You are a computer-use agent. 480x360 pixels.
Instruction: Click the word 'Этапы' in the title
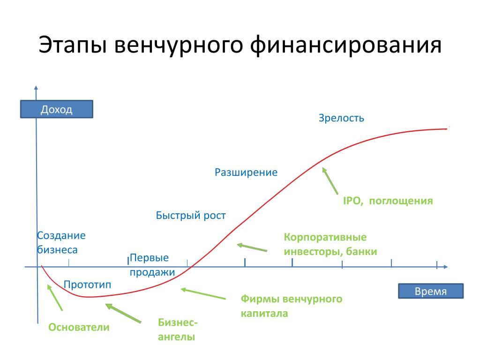click(73, 45)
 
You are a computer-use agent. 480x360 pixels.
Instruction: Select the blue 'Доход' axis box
click(57, 109)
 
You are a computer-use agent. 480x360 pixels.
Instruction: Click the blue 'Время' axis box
click(431, 291)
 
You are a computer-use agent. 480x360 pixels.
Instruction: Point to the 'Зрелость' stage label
click(341, 118)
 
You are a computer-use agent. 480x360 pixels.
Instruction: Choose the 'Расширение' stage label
click(246, 172)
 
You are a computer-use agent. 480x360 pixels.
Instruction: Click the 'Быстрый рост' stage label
click(191, 216)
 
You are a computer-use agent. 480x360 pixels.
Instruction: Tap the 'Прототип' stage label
click(87, 285)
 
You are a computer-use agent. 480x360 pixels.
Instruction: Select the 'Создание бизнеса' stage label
click(61, 242)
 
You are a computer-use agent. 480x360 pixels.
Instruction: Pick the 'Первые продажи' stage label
click(152, 265)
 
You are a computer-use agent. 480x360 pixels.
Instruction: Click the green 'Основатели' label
click(79, 327)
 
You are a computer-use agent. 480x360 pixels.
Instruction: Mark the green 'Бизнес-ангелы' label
click(178, 330)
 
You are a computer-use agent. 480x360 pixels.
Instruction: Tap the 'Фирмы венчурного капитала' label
click(292, 306)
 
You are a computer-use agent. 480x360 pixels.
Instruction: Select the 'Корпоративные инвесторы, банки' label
click(330, 244)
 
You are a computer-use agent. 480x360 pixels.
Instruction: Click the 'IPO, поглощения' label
click(388, 201)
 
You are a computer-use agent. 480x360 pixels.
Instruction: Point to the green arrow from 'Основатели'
click(55, 298)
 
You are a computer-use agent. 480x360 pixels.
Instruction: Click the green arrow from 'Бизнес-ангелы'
click(123, 313)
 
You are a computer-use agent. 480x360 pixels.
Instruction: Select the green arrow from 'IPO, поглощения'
click(330, 181)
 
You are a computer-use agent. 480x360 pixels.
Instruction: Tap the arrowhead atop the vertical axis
click(36, 88)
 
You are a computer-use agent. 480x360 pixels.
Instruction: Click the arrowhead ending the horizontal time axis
click(446, 267)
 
